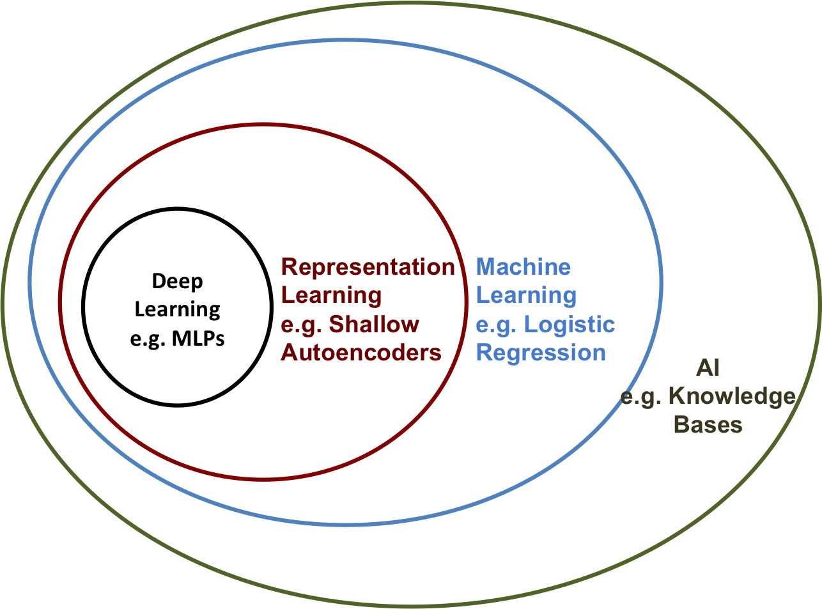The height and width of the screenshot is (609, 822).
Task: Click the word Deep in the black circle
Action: pos(177,281)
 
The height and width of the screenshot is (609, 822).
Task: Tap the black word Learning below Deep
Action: pos(177,310)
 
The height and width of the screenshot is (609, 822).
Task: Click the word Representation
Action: pos(368,267)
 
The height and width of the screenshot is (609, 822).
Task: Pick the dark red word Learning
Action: pos(331,296)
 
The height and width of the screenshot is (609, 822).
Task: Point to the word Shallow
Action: pos(374,325)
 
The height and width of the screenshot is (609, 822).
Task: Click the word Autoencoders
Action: pos(361,353)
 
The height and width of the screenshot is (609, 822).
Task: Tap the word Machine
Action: pos(523,267)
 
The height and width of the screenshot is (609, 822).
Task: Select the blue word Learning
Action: pos(526,296)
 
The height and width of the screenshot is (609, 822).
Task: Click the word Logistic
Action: pos(569,325)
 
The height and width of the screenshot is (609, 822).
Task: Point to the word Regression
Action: pos(541,353)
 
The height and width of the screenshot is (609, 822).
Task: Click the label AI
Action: pos(708,369)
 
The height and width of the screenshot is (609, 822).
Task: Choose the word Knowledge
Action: pos(732,397)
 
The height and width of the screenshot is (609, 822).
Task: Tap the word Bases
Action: pos(708,425)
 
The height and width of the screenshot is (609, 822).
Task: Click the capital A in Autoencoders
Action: pos(290,353)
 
